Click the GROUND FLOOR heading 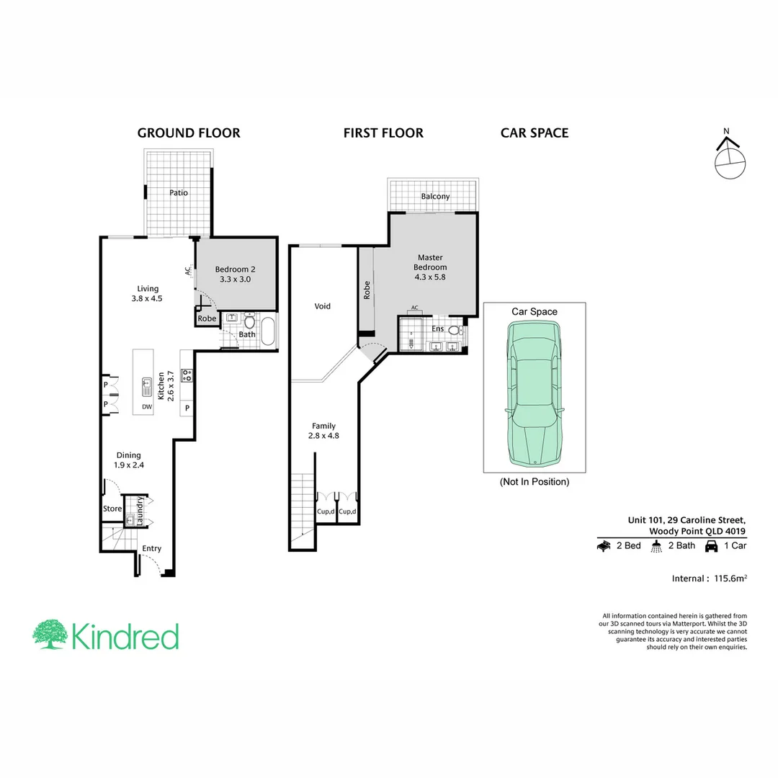click(189, 133)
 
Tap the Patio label click(179, 193)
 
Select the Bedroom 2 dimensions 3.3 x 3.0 click(236, 280)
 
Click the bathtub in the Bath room click(267, 332)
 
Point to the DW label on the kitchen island click(147, 407)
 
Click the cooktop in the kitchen click(187, 375)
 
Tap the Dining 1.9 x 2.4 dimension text click(129, 465)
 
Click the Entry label click(151, 549)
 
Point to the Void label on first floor click(322, 307)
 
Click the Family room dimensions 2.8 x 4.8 click(323, 435)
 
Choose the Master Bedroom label click(430, 262)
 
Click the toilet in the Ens click(454, 331)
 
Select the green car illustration click(534, 393)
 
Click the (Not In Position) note click(534, 481)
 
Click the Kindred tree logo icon click(49, 635)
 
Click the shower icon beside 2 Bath click(656, 546)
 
